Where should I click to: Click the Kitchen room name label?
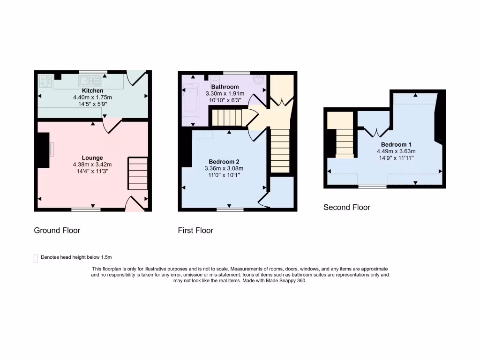tap(92, 90)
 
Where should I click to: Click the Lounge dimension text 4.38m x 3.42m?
tap(92, 165)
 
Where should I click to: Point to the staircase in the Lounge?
tap(138, 173)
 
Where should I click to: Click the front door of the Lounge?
tap(135, 204)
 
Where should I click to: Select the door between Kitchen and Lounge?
tap(111, 125)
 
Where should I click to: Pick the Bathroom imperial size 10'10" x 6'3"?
tap(225, 100)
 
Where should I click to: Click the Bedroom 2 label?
tap(225, 162)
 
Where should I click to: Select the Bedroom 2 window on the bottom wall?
tap(230, 210)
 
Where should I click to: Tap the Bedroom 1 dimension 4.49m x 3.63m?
tap(396, 151)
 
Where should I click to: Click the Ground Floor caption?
tap(57, 230)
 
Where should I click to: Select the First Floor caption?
tap(195, 230)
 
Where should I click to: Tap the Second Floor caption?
tap(346, 207)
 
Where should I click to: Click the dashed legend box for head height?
tap(36, 258)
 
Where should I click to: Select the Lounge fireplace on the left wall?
tap(45, 150)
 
